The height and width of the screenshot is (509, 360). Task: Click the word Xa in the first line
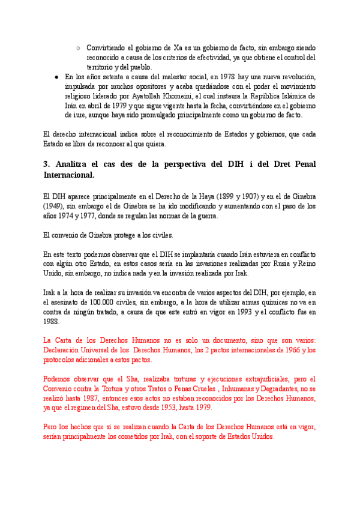pyautogui.click(x=178, y=47)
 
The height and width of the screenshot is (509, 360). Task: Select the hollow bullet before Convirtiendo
pyautogui.click(x=79, y=47)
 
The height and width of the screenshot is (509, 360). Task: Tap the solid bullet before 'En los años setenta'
pyautogui.click(x=56, y=77)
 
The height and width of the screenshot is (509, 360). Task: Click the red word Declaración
pyautogui.click(x=65, y=351)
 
